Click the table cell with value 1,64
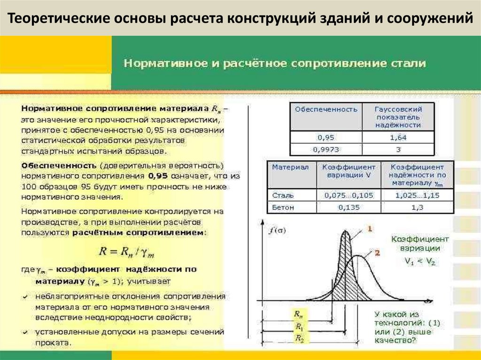pyautogui.click(x=398, y=138)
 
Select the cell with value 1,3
pyautogui.click(x=417, y=207)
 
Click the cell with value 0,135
pyautogui.click(x=348, y=207)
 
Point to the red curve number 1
pyautogui.click(x=369, y=229)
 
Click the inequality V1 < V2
pyautogui.click(x=419, y=262)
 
